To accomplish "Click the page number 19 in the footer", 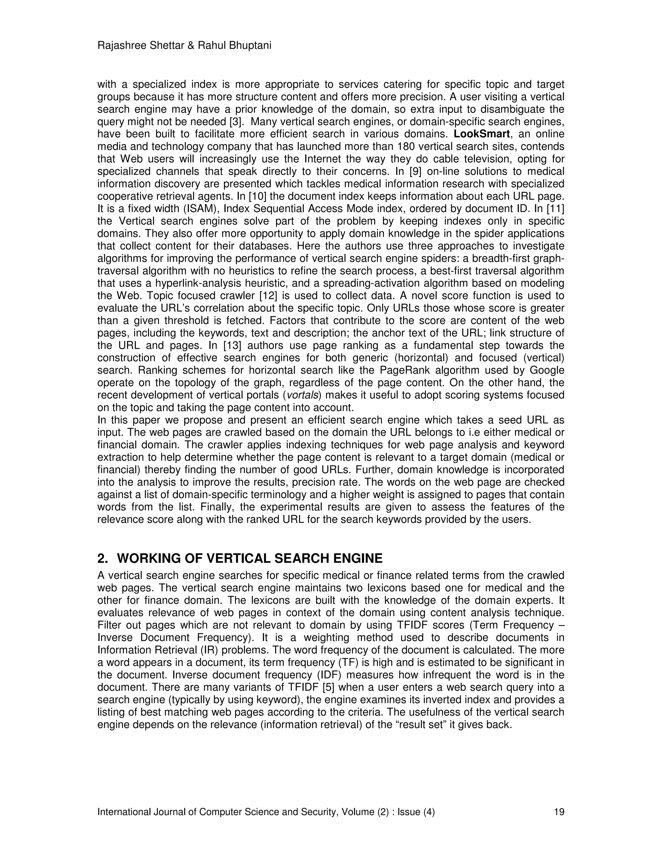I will click(x=559, y=812).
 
